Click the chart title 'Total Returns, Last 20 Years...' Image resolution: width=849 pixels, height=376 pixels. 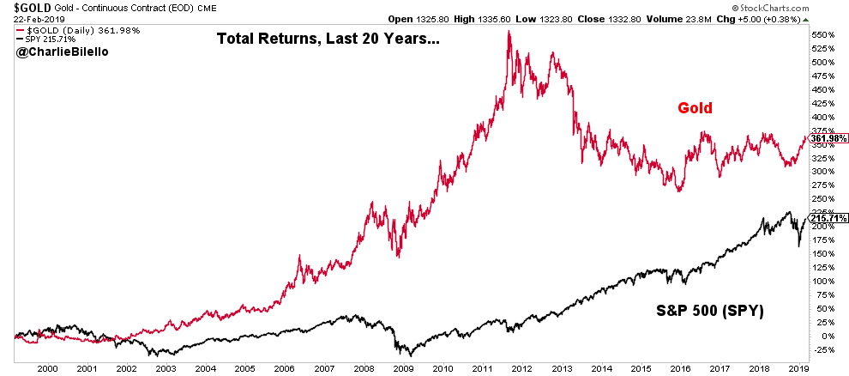pos(328,39)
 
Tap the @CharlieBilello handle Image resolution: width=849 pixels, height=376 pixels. pos(53,52)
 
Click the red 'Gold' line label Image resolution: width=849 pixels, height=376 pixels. pos(696,108)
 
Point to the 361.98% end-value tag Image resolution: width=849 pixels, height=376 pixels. pos(825,139)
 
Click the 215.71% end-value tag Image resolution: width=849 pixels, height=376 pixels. pos(825,218)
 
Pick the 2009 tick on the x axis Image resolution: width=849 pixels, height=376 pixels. pos(401,367)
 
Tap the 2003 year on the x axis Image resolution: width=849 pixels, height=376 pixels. pos(166,367)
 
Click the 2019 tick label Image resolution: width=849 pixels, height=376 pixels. pos(798,367)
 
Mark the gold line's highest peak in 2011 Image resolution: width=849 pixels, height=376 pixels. pos(509,32)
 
